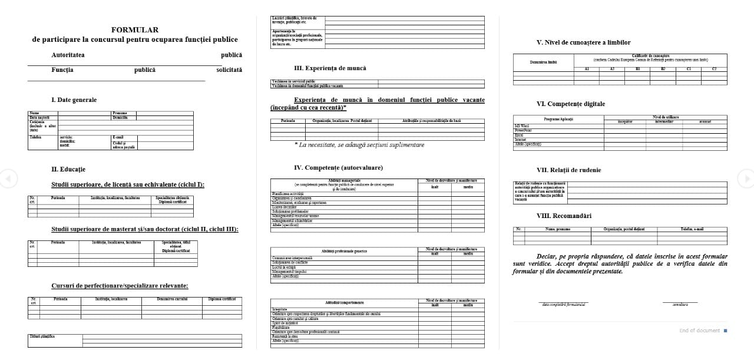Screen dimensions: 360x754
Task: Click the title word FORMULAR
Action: point(135,29)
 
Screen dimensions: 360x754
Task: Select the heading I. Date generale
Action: point(74,100)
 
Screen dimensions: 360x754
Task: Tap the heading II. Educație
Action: point(68,169)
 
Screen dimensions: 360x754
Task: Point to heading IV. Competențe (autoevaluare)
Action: point(338,167)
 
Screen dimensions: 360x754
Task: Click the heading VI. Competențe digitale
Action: point(570,104)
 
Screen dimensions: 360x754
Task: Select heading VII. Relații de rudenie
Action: point(568,170)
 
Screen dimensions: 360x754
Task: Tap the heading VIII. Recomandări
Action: point(564,216)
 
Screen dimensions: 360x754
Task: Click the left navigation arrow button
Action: point(8,178)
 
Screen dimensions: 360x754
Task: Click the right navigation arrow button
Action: point(746,178)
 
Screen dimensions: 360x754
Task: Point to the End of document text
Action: point(699,331)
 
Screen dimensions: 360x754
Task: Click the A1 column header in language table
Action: point(587,69)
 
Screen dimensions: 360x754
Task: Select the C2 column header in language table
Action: point(715,69)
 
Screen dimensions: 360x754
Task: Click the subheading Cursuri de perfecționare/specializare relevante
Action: point(120,286)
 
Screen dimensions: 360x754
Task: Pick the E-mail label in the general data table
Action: point(118,137)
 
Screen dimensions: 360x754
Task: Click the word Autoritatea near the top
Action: point(68,55)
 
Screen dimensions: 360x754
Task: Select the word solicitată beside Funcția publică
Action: point(229,70)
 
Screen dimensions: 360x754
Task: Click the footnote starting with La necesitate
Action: point(359,145)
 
